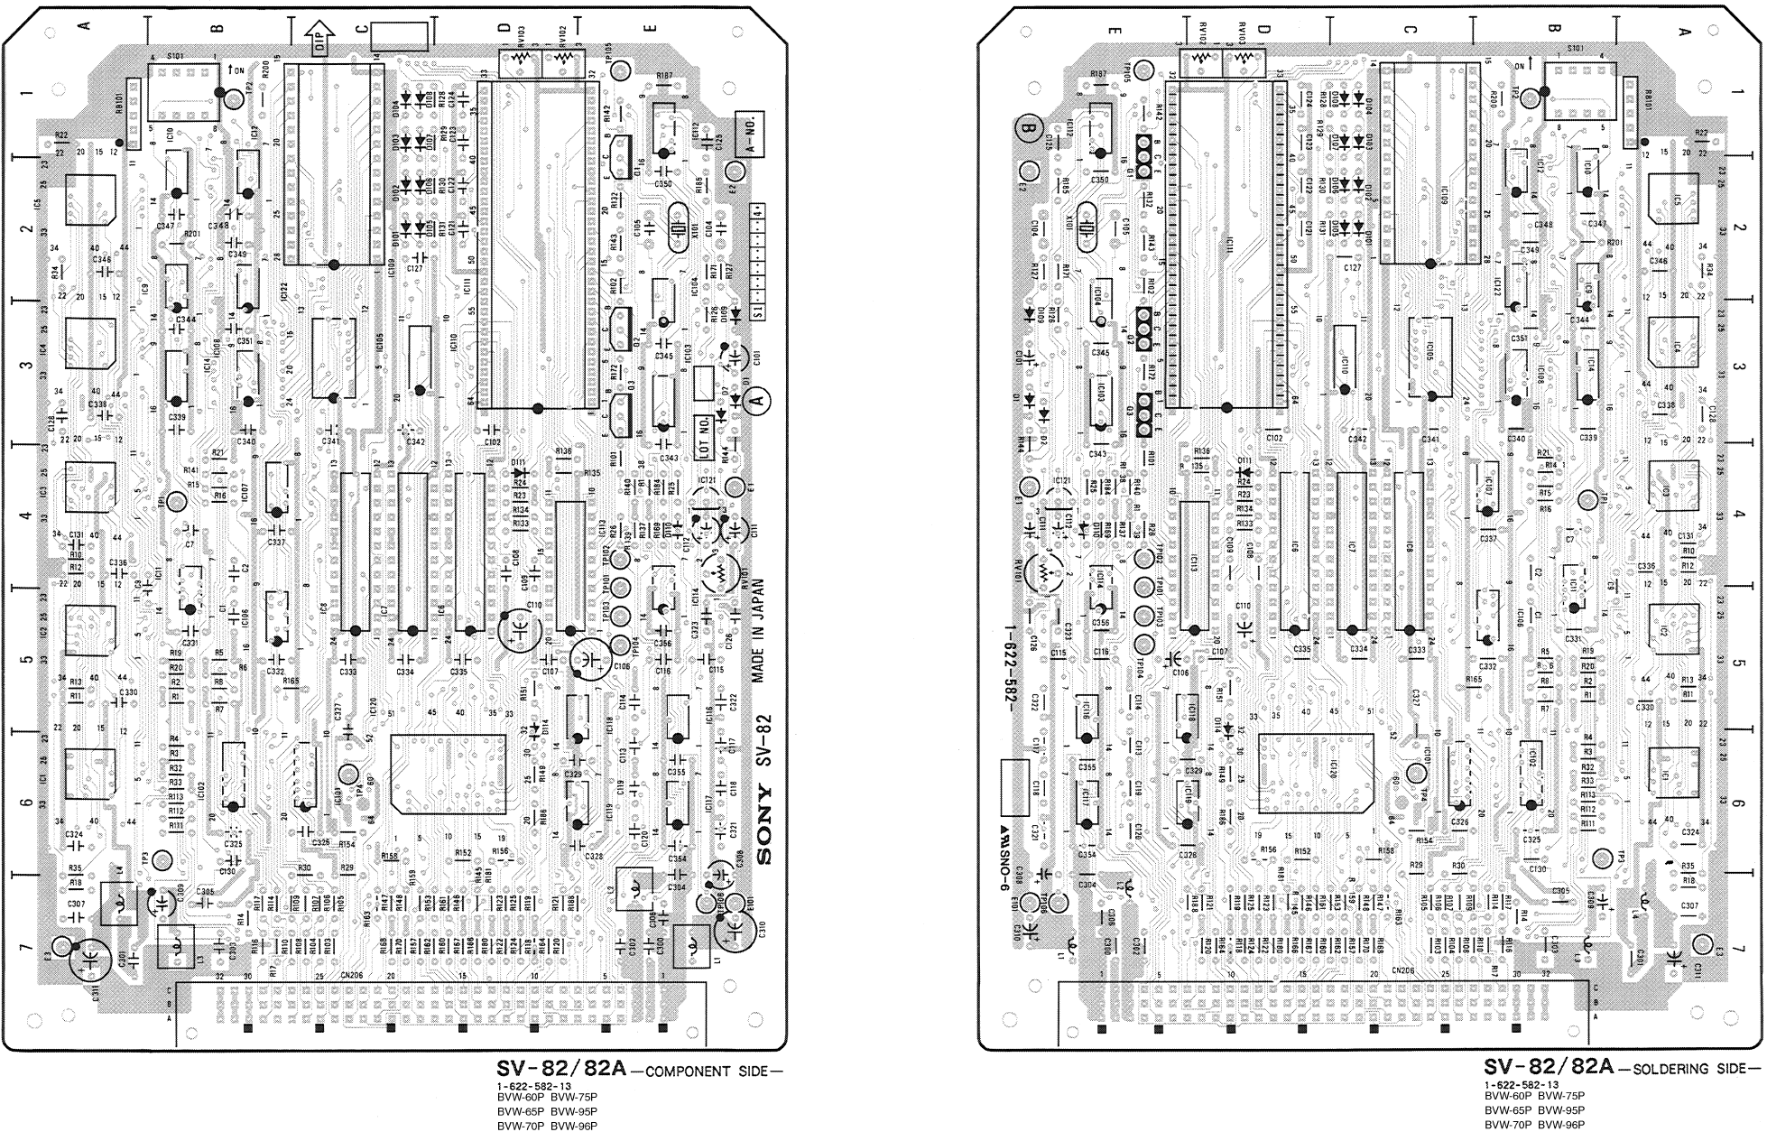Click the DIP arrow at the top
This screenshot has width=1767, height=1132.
click(x=321, y=40)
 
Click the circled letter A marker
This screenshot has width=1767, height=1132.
click(x=758, y=397)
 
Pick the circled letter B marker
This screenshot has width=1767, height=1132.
click(x=1027, y=127)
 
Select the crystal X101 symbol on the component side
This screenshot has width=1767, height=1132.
click(x=679, y=221)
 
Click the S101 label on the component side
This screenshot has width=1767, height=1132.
click(x=177, y=54)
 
